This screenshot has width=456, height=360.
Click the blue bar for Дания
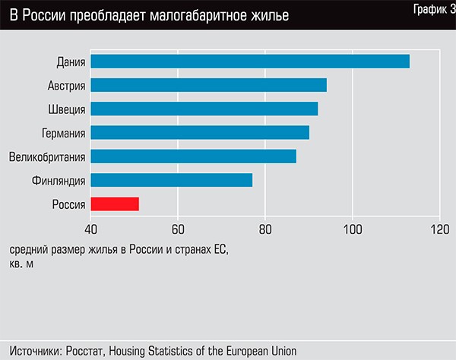(250, 62)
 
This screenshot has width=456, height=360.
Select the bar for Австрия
(208, 85)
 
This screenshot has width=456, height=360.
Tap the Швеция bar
(204, 109)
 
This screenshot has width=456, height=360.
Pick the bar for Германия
(200, 132)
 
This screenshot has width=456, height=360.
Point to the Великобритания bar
(193, 156)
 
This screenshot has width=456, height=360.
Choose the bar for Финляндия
(171, 180)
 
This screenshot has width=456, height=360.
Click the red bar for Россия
(115, 204)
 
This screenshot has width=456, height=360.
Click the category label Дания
(71, 62)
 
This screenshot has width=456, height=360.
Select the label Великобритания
(47, 156)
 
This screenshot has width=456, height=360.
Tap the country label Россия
(68, 204)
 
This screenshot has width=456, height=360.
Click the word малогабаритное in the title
(199, 15)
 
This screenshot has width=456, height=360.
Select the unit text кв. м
(22, 264)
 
